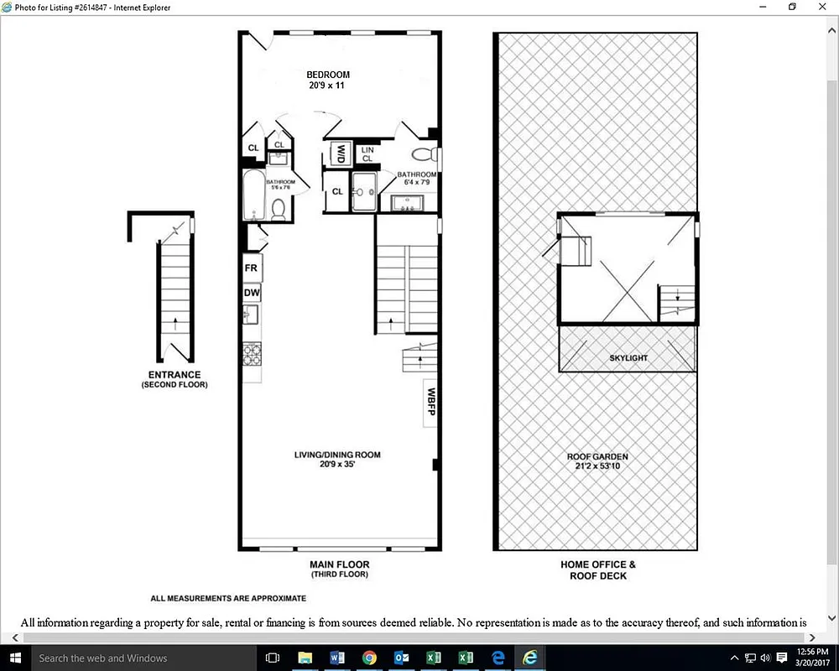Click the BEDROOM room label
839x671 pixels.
327,75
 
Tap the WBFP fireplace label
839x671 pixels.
431,402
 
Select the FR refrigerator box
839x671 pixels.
251,268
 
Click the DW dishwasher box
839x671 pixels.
252,293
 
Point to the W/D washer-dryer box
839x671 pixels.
341,154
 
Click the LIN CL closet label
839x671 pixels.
367,154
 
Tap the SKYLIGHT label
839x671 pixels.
628,358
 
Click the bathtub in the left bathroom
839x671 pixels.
253,196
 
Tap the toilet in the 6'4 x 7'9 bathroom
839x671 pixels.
426,155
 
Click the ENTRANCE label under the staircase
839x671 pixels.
175,375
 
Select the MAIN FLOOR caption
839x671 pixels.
339,565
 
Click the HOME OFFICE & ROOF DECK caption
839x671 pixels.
598,570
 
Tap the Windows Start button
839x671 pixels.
16,658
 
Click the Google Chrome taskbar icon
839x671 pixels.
369,658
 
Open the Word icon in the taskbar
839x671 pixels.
337,658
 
